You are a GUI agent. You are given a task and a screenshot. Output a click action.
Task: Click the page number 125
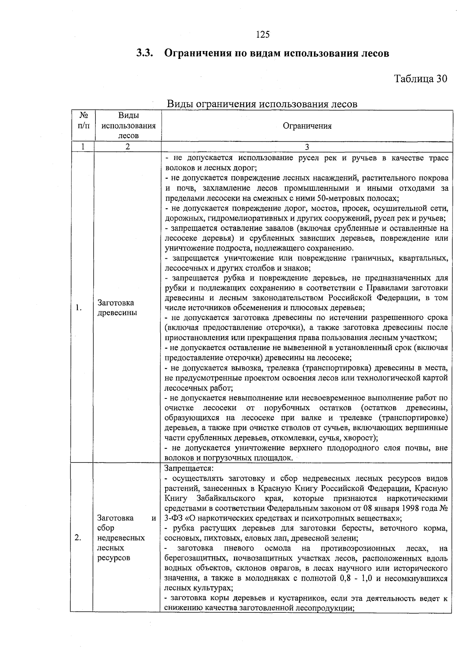tap(263, 35)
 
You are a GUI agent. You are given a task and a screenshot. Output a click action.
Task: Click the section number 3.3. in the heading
tap(144, 53)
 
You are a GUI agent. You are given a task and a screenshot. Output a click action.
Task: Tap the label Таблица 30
tap(420, 79)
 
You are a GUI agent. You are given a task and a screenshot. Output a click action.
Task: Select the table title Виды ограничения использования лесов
tap(262, 104)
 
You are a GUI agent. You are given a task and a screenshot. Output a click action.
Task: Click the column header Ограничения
tap(307, 126)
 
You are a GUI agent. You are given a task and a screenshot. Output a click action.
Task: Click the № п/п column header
tap(83, 121)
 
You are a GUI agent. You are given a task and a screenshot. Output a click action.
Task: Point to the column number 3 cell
tap(307, 146)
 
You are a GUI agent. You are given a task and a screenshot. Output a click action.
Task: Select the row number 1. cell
tap(78, 308)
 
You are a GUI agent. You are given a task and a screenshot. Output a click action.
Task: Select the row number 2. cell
tap(78, 538)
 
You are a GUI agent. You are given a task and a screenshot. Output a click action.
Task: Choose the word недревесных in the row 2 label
tap(121, 538)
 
